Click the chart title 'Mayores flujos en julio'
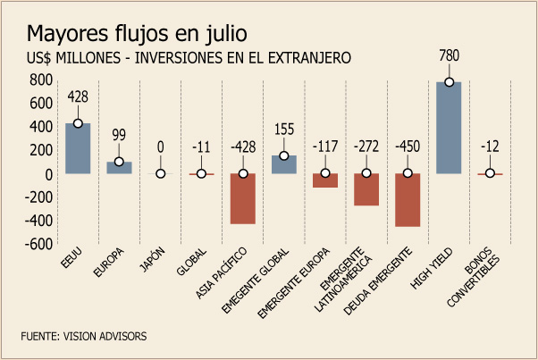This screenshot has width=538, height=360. click(x=136, y=34)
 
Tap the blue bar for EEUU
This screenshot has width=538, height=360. click(x=78, y=148)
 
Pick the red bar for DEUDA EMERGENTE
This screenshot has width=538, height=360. click(x=408, y=200)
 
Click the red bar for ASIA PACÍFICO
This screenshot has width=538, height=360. click(x=243, y=198)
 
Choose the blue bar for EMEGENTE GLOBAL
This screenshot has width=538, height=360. click(x=284, y=164)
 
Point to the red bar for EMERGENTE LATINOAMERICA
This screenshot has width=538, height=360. click(x=366, y=189)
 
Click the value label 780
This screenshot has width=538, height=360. click(x=450, y=56)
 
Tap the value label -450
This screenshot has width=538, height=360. click(x=408, y=147)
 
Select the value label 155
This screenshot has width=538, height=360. click(x=284, y=130)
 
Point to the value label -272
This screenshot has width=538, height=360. click(x=366, y=147)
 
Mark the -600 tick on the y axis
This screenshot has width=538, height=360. click(x=40, y=245)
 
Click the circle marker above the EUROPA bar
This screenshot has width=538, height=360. click(x=119, y=163)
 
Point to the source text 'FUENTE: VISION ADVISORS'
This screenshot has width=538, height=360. click(x=83, y=336)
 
